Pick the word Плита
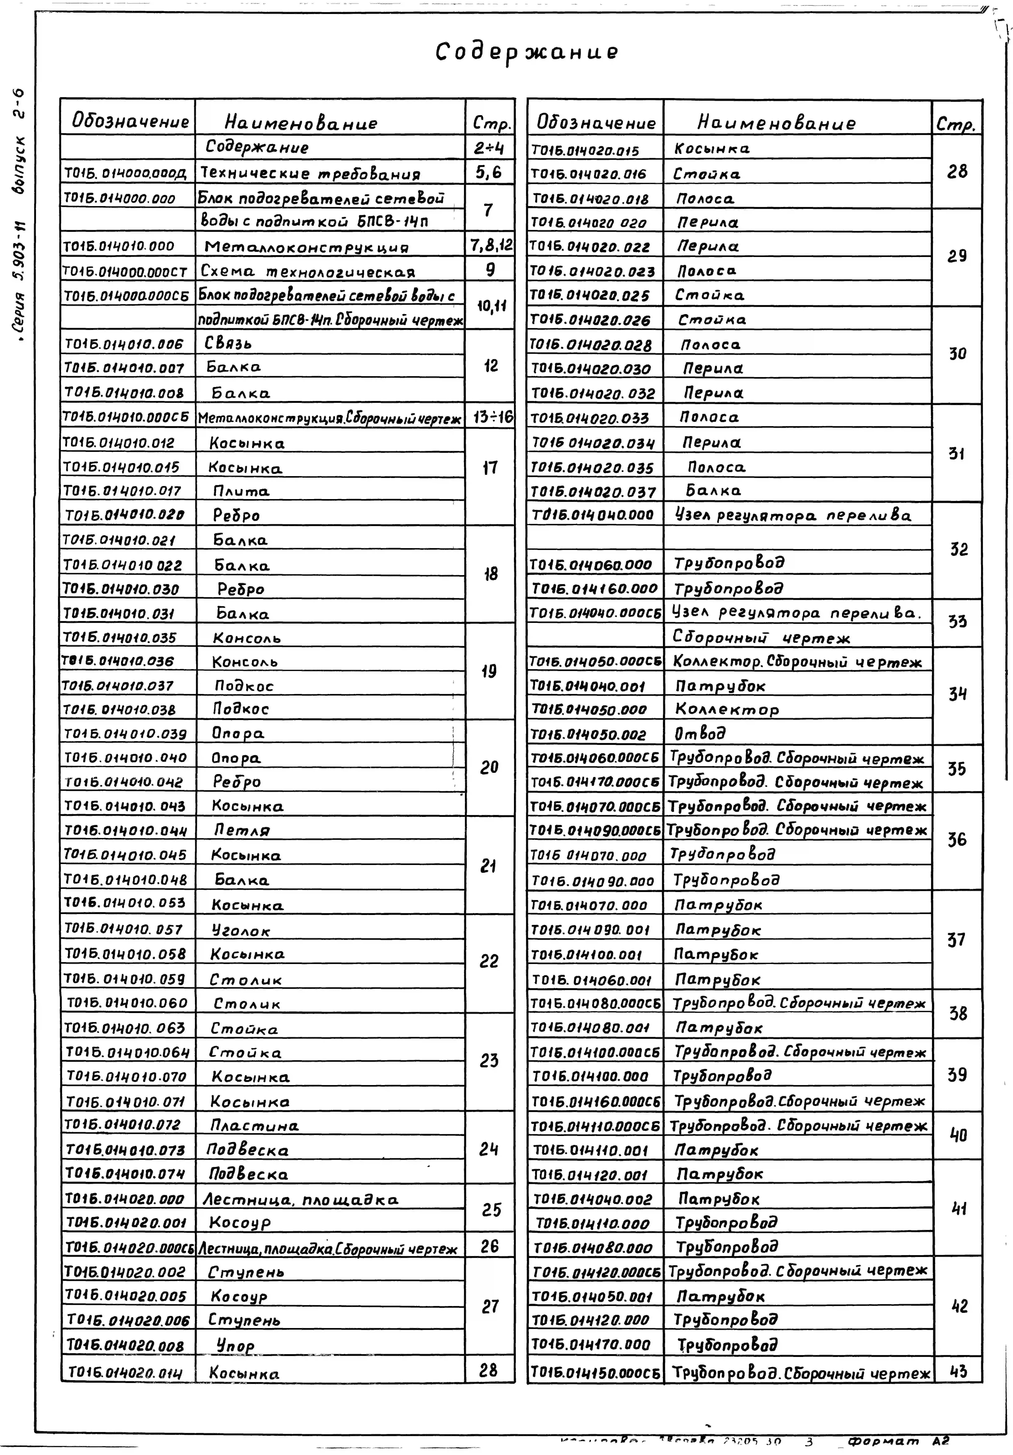click(241, 491)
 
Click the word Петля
click(241, 830)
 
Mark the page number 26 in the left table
click(489, 1246)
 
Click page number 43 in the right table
click(958, 1371)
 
